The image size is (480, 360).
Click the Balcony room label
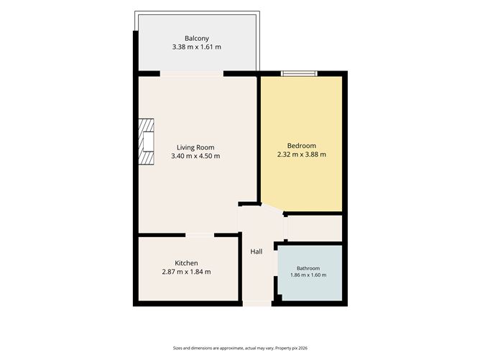[197, 39]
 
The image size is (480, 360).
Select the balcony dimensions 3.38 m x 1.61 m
[197, 47]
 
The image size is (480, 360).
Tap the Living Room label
[195, 147]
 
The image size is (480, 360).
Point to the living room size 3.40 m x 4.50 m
[195, 156]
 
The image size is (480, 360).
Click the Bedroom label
[302, 146]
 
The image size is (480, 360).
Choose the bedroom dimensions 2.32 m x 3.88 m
[302, 154]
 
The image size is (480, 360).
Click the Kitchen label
[186, 263]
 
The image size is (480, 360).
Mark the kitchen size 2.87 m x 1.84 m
[186, 272]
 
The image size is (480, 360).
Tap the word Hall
[257, 251]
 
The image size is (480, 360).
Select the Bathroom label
[308, 269]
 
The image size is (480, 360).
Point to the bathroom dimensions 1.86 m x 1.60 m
[308, 275]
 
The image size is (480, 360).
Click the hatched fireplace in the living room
[146, 142]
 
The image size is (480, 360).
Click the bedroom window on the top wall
[299, 73]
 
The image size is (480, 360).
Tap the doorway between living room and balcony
[192, 74]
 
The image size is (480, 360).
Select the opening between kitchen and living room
[200, 235]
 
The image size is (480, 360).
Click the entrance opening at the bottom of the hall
[257, 304]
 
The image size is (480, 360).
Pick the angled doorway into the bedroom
[272, 208]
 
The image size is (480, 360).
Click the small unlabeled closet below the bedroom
[315, 229]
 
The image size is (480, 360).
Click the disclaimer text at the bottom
[240, 348]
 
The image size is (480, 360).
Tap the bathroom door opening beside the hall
[276, 263]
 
